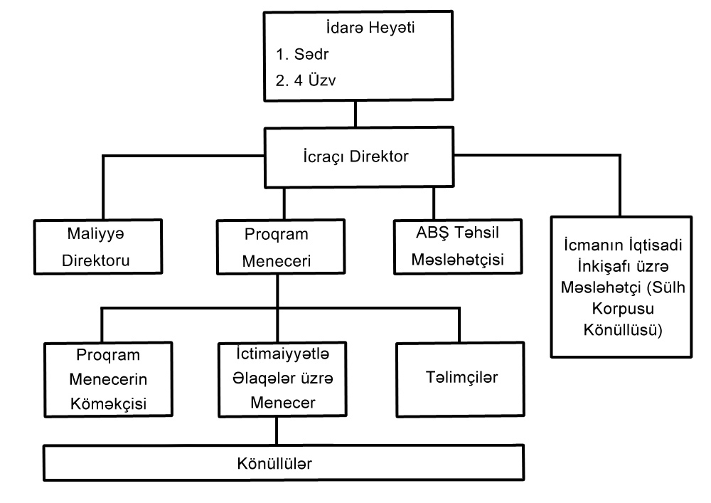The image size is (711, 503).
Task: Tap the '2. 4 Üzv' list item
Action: tap(306, 80)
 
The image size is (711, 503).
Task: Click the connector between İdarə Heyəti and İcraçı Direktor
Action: tap(355, 115)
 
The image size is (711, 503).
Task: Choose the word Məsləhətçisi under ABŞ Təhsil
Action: tap(457, 260)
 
